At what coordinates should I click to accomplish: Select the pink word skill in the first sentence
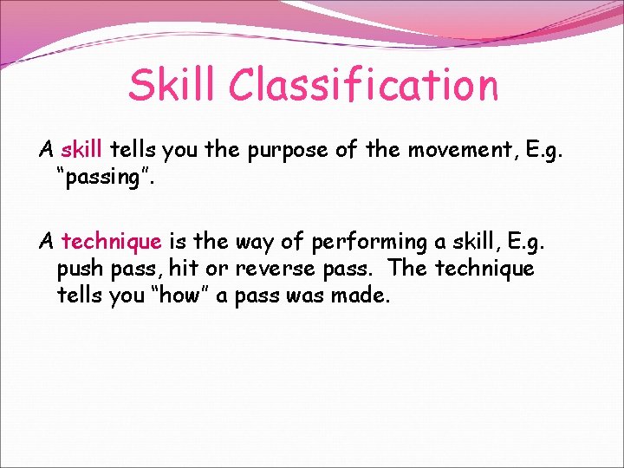tap(82, 150)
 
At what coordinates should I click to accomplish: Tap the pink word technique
tap(112, 241)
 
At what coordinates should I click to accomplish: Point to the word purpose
tap(287, 150)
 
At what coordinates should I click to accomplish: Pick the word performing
tap(365, 241)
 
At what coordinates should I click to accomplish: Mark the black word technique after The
tap(484, 269)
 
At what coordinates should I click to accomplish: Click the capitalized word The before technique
tap(407, 269)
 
